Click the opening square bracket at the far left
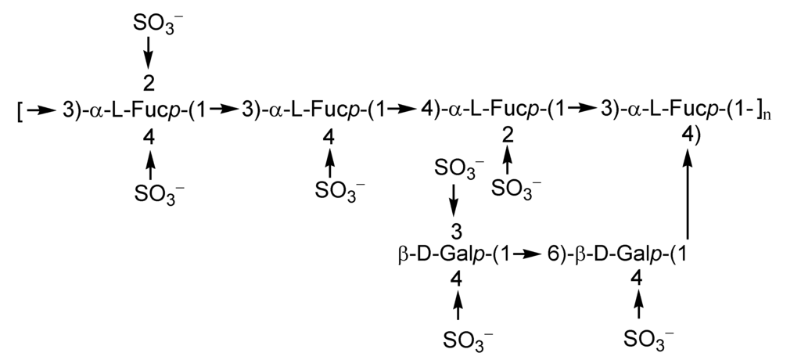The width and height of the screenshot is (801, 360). coord(20,111)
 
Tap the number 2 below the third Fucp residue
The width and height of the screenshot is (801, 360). coord(508,138)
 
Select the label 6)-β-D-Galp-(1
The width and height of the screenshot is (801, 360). coord(618,254)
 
